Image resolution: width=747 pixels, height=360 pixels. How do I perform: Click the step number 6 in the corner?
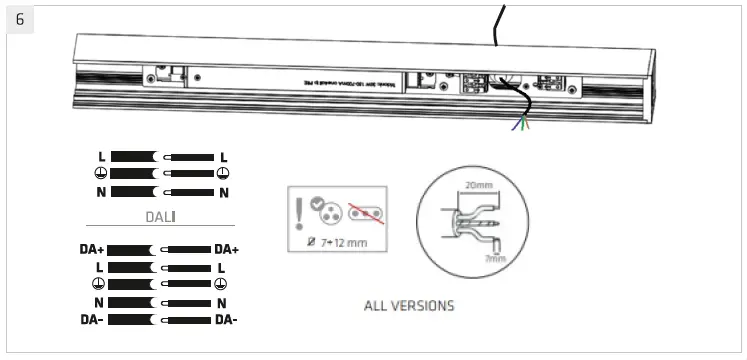point(20,20)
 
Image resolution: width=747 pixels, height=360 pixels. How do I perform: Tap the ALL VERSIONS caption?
point(408,305)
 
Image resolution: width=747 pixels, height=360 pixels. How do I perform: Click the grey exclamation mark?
point(300,212)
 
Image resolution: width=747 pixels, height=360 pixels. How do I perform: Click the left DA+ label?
point(94,249)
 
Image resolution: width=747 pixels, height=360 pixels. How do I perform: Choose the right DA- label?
point(226,320)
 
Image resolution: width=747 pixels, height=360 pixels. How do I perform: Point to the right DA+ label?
point(226,249)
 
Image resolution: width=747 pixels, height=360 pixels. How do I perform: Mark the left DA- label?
point(94,320)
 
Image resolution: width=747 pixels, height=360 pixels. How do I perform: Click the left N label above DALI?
point(101,192)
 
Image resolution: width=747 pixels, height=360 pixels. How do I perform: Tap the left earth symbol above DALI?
point(101,174)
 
